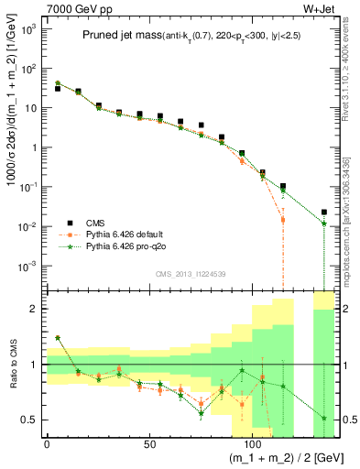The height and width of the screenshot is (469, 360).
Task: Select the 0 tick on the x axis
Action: point(47,445)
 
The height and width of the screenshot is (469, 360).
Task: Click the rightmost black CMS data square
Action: point(323,213)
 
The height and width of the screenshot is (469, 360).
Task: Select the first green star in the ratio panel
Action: point(57,338)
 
